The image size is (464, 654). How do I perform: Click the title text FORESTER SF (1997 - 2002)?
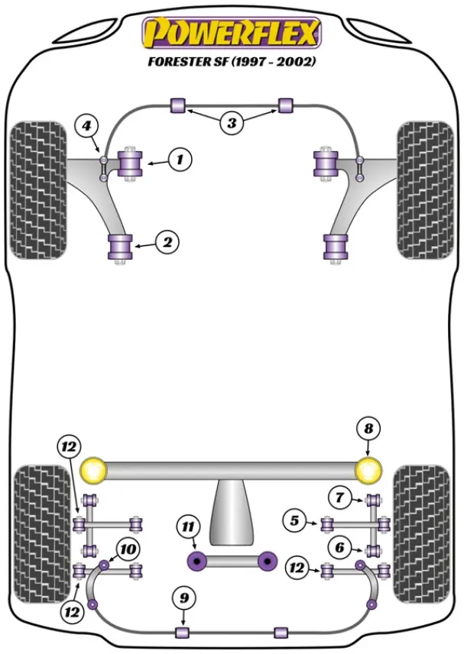[x=232, y=62]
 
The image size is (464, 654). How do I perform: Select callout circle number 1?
[x=180, y=160]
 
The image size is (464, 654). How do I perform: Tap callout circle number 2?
[x=167, y=243]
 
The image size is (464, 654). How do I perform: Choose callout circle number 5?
[x=294, y=523]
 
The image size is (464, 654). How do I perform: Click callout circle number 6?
[x=337, y=547]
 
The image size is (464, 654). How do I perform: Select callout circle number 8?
[x=368, y=430]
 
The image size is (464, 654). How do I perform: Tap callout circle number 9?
[x=183, y=599]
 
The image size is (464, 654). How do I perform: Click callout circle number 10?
[x=128, y=548]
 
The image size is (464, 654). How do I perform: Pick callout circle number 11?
[x=187, y=526]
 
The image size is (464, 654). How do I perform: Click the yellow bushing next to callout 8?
[x=369, y=470]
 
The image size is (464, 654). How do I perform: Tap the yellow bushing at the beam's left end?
[x=94, y=470]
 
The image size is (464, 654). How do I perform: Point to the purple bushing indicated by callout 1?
[x=132, y=164]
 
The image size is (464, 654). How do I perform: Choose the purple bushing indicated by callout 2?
[x=119, y=246]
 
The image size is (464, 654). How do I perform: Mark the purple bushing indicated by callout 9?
[x=182, y=633]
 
